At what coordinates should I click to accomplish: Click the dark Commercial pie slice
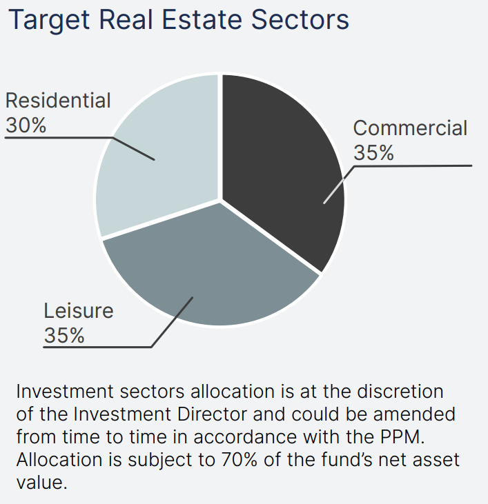tap(283, 165)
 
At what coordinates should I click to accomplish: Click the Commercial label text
tap(410, 128)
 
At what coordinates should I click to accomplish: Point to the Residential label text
tap(58, 101)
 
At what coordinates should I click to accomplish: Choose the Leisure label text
tap(79, 311)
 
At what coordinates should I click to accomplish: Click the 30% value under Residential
tap(26, 125)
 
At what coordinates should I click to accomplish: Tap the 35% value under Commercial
tap(373, 152)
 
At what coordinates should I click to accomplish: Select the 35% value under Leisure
tap(64, 336)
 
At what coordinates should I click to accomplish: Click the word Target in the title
tap(50, 20)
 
